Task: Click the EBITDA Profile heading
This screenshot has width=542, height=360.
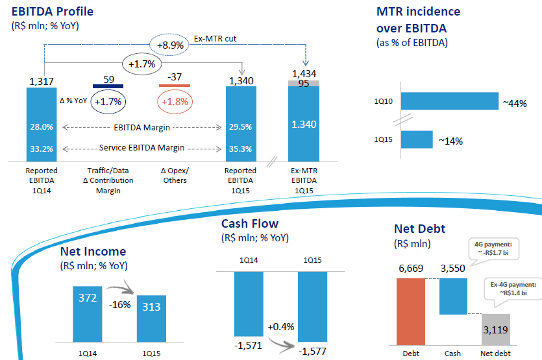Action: coord(53,12)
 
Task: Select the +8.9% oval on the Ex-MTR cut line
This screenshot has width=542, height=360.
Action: coord(169,45)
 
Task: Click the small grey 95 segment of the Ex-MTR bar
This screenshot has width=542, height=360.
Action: coord(304,82)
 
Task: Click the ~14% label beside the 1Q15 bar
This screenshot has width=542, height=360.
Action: coord(450,141)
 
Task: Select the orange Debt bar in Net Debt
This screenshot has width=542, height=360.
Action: coord(410,312)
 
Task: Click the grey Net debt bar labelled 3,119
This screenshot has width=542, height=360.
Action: coord(496,330)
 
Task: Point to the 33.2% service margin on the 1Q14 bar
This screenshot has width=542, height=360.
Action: coord(42,149)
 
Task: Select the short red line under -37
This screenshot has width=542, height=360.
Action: coord(174,86)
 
